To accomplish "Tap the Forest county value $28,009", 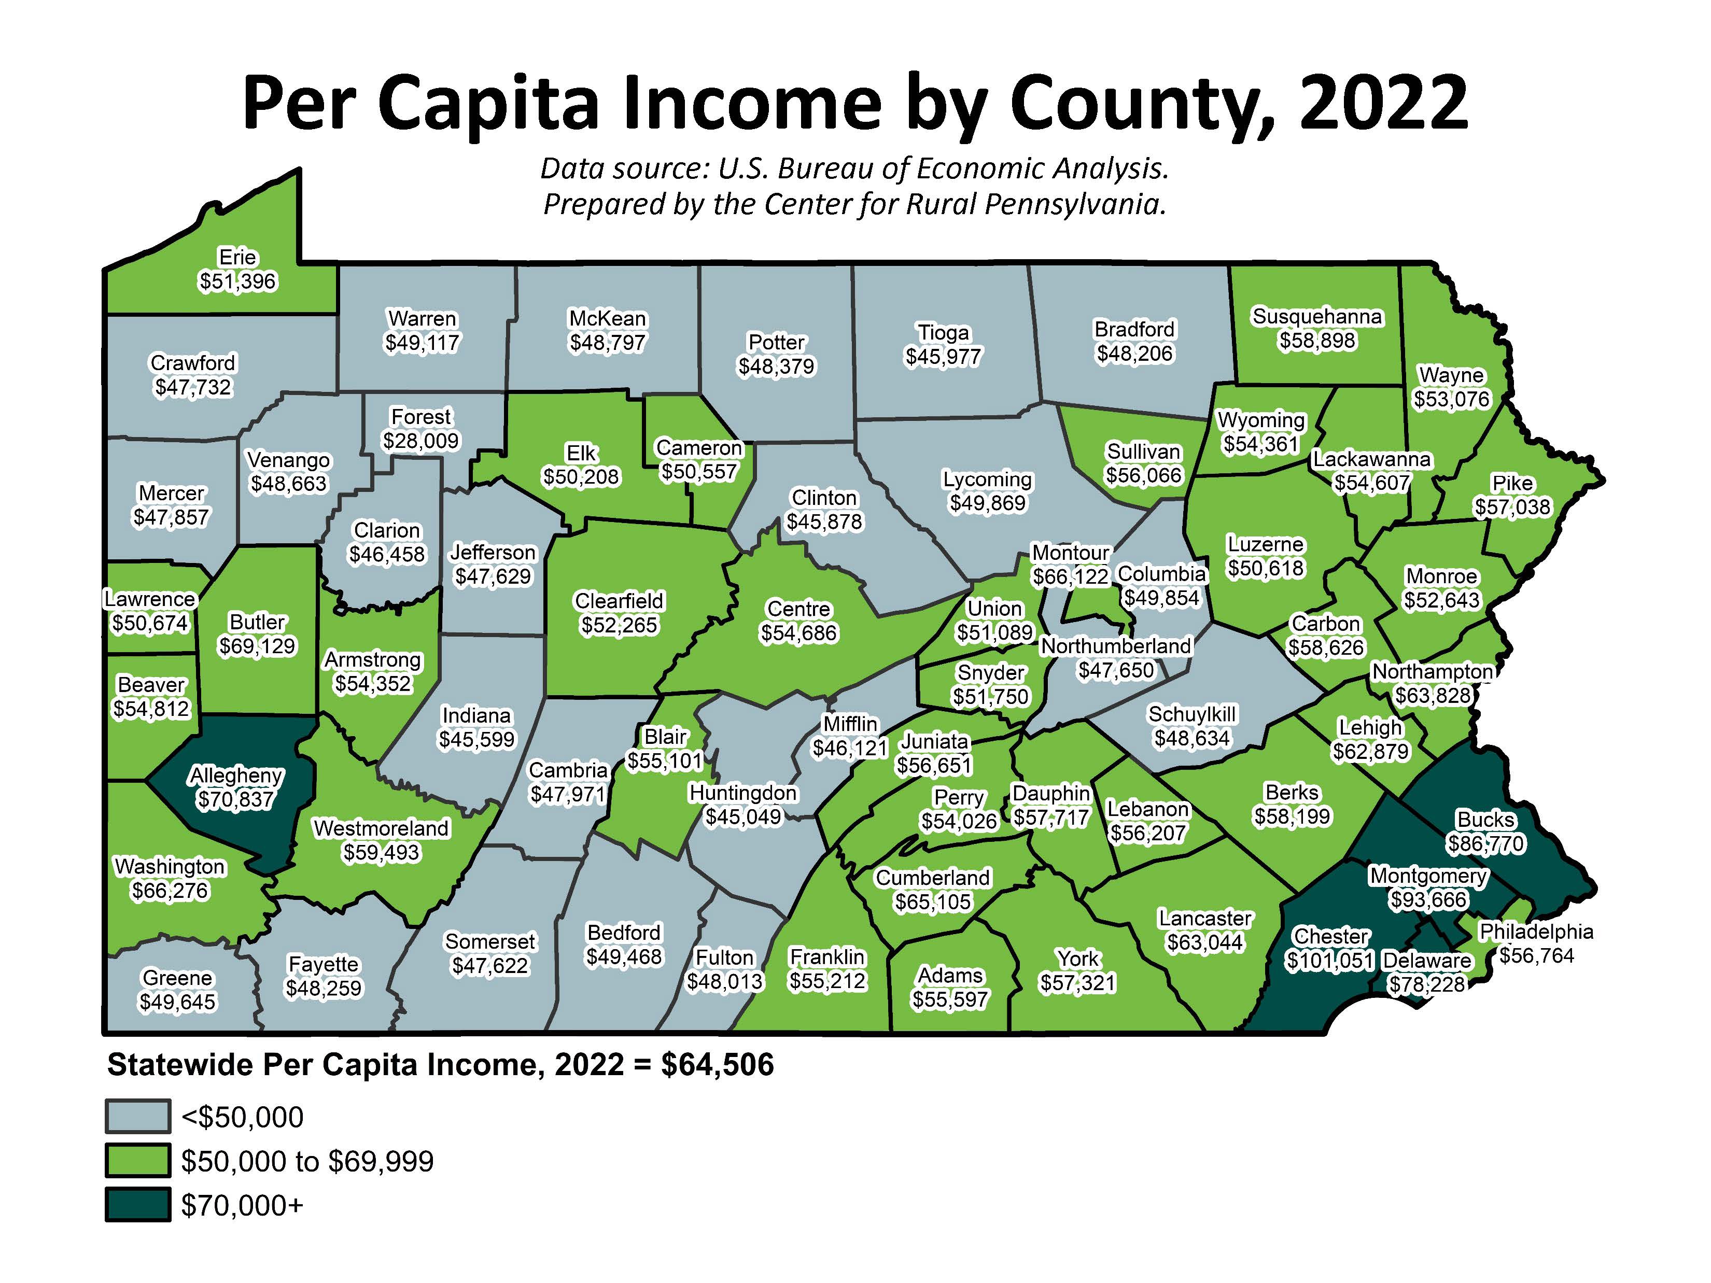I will click(x=421, y=441).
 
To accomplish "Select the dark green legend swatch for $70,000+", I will click(x=138, y=1205).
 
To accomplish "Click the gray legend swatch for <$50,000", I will click(x=138, y=1117).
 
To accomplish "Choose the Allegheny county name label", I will click(x=237, y=775).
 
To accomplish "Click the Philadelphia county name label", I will click(x=1536, y=932).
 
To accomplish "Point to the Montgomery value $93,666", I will click(x=1428, y=900).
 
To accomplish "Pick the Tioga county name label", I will click(x=943, y=333).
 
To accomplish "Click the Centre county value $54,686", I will click(x=798, y=633).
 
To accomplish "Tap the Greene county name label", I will click(x=177, y=978).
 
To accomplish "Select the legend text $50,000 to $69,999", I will click(x=307, y=1161).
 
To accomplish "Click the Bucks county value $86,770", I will click(x=1486, y=844).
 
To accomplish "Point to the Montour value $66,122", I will click(x=1071, y=577).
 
